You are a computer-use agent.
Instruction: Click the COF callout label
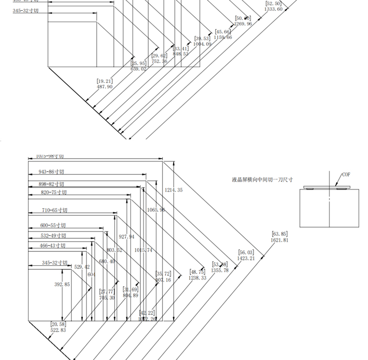click(x=346, y=175)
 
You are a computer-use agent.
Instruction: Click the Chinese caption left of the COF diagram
click(x=263, y=180)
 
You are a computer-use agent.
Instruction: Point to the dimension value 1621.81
click(x=279, y=240)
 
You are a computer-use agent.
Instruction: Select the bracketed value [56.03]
click(x=246, y=252)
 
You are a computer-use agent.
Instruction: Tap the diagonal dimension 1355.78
click(x=220, y=270)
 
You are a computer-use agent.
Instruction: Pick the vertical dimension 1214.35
click(x=174, y=190)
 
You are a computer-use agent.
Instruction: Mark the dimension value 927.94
click(x=127, y=237)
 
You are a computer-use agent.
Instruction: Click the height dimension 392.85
click(x=62, y=284)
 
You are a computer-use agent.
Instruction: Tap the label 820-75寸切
click(x=53, y=193)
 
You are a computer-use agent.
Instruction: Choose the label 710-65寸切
click(x=54, y=210)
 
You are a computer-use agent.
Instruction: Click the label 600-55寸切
click(x=53, y=225)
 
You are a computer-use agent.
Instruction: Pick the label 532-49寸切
click(x=53, y=236)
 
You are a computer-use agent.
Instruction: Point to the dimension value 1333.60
click(x=273, y=9)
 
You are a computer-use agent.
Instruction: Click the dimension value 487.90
click(x=105, y=86)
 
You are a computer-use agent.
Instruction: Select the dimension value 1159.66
click(x=223, y=37)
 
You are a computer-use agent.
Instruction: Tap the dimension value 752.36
click(x=159, y=61)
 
